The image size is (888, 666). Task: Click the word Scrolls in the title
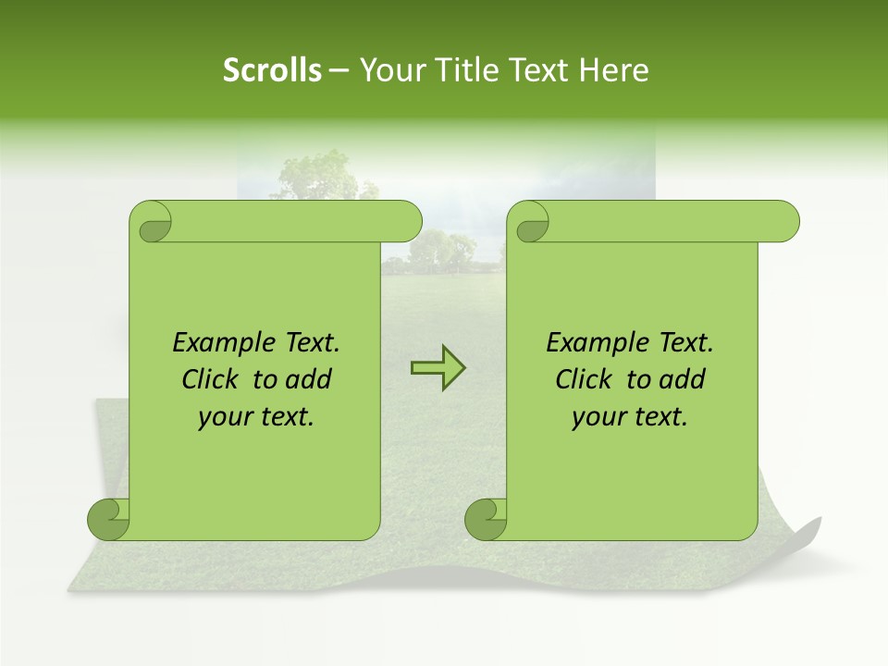272,70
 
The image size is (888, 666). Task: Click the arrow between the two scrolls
438,368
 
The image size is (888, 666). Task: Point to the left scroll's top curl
151,223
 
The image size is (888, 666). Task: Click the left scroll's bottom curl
108,519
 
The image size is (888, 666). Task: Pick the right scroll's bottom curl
486,519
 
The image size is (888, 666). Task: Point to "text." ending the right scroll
664,417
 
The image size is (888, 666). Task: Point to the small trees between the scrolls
441,252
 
